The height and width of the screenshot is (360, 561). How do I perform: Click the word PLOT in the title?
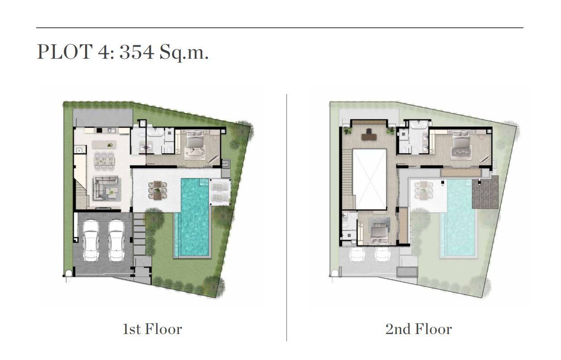coord(65,51)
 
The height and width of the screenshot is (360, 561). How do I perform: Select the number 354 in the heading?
coord(137,51)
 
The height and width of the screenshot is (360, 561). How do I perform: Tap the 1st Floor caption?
coord(152,329)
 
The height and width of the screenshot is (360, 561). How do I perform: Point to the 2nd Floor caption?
coord(419,329)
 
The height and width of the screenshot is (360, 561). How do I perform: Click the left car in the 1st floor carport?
coord(91,240)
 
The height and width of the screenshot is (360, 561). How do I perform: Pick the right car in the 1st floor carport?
coord(116,240)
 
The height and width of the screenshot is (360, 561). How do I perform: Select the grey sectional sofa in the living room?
coord(106,188)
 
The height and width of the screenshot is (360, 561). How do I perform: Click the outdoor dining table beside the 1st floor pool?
coord(157,190)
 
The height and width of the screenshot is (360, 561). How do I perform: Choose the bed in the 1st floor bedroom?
coord(195,145)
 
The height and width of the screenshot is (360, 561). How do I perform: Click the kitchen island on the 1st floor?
coord(104,144)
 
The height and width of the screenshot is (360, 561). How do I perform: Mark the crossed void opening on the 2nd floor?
coord(370,179)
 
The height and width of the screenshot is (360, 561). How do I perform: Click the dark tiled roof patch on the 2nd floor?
coord(485,192)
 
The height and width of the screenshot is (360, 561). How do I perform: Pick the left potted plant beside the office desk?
coord(347,131)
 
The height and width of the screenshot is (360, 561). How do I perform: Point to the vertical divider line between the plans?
coord(286,217)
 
